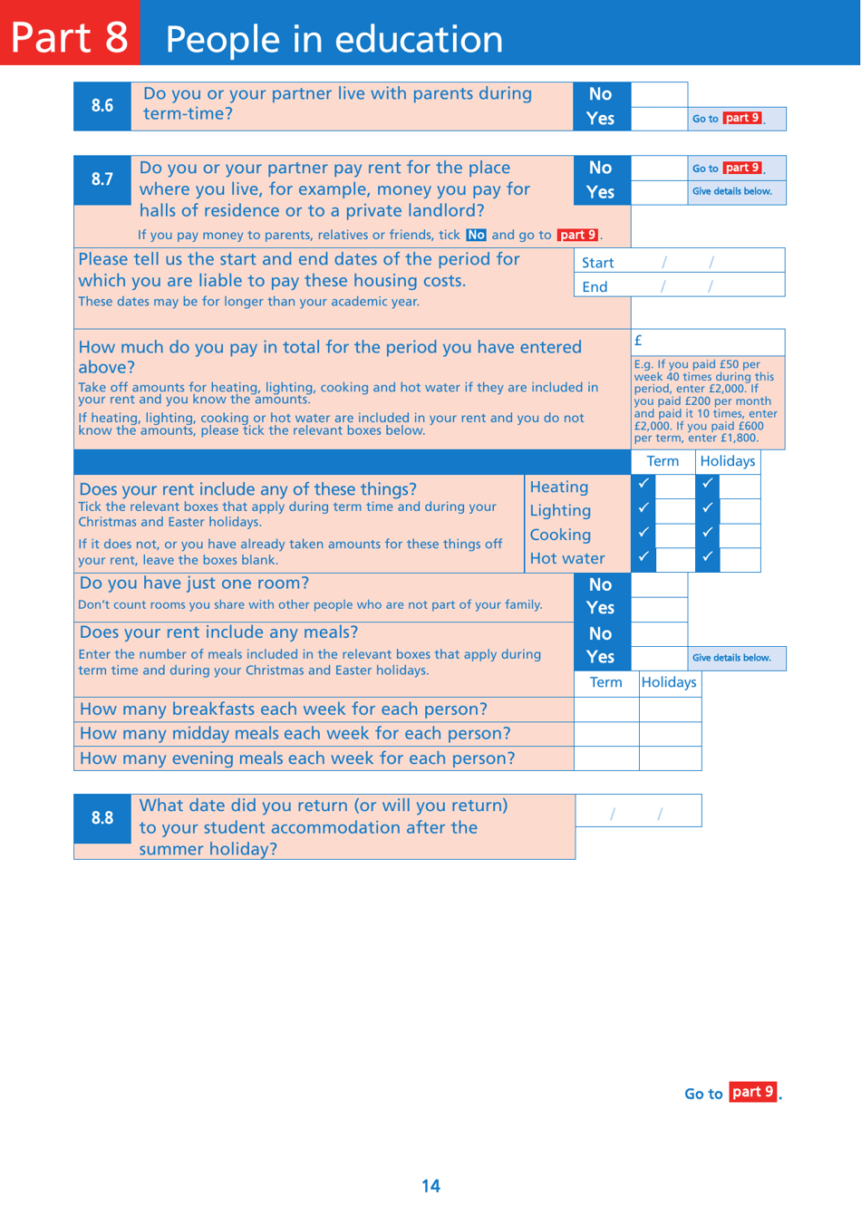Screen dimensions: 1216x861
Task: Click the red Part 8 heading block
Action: (70, 34)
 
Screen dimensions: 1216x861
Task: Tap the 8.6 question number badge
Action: (102, 106)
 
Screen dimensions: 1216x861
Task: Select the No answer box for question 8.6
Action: (659, 94)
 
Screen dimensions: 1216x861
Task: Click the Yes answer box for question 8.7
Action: (659, 192)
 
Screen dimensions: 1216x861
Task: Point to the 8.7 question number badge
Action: (102, 179)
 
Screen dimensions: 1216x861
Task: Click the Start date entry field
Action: (707, 262)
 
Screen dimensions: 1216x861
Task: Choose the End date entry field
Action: (707, 286)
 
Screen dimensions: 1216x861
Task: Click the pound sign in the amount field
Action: (638, 341)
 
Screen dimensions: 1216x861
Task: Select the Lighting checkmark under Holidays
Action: (708, 508)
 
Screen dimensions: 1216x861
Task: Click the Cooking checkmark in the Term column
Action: (644, 533)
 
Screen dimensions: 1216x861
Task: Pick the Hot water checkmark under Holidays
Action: (708, 556)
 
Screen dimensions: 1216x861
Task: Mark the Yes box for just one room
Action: (659, 608)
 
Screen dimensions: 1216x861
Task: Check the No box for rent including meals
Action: (659, 633)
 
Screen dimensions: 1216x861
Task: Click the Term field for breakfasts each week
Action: (606, 709)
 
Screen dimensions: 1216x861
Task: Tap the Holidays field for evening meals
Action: (670, 758)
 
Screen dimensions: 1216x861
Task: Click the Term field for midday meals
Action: (606, 733)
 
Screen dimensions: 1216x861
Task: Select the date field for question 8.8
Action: (638, 811)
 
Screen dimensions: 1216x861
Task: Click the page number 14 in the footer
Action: (430, 1186)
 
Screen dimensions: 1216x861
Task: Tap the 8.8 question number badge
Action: (102, 818)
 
